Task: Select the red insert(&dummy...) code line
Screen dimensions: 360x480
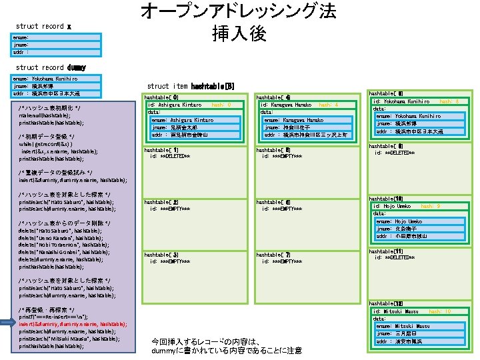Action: [x=73, y=324]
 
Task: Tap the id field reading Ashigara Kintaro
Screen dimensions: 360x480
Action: [x=175, y=105]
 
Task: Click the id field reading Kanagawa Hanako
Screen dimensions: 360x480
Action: [x=287, y=105]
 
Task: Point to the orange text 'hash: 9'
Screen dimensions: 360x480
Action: [x=431, y=207]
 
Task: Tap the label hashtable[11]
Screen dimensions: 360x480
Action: [x=385, y=251]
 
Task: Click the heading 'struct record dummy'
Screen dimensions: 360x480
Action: [x=51, y=67]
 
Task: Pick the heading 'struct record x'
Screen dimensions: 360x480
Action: [x=43, y=27]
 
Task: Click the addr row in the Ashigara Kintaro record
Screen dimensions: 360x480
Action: [x=181, y=135]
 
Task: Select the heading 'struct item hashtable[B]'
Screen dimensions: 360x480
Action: [x=191, y=86]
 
